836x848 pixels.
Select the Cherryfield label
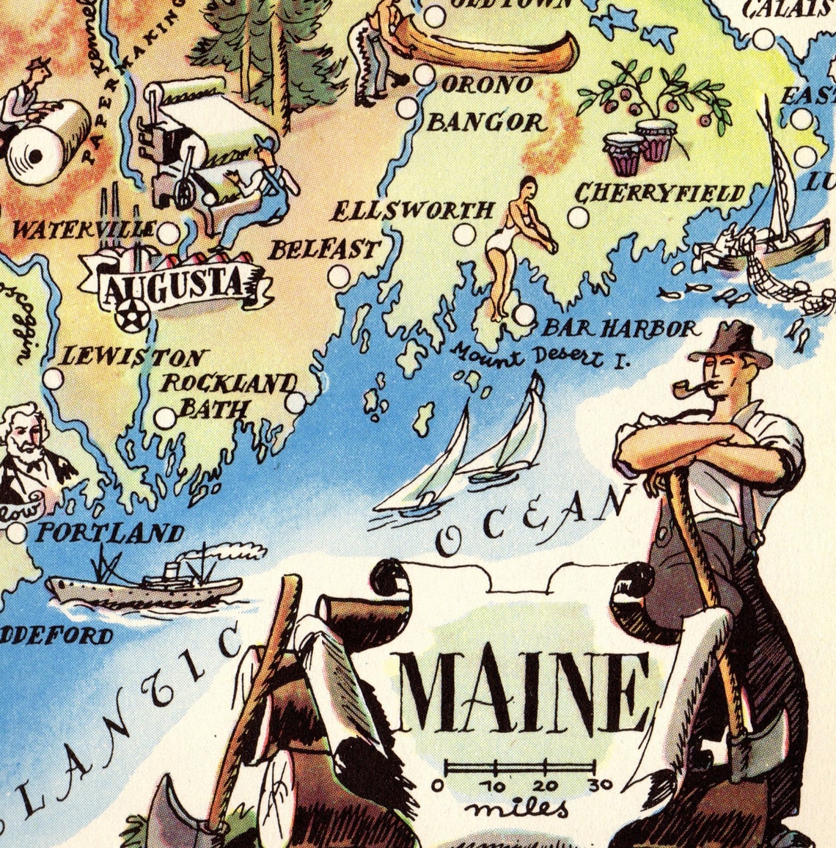pyautogui.click(x=659, y=193)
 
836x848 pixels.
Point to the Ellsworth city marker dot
pyautogui.click(x=463, y=235)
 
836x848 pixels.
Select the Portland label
pyautogui.click(x=109, y=533)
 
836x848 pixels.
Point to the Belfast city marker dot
pyautogui.click(x=339, y=276)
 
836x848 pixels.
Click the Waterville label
pyautogui.click(x=84, y=230)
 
